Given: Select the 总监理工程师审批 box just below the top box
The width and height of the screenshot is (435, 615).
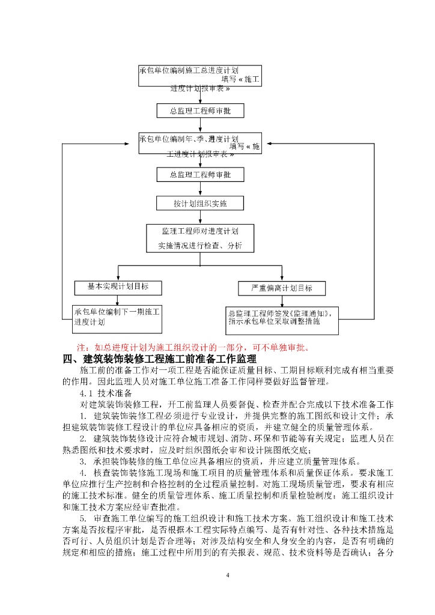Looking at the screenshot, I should point(200,111).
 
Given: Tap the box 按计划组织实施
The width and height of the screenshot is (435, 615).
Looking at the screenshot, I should point(200,204).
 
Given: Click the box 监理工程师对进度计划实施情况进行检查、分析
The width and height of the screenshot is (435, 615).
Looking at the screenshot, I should point(200,238).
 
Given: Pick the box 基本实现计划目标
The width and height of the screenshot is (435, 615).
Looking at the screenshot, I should point(111,288).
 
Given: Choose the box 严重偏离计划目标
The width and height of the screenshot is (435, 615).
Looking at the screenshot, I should point(282,288).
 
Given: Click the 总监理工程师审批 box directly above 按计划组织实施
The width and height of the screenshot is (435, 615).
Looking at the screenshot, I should point(200,175).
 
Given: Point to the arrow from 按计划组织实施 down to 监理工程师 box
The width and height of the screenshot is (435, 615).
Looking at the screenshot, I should point(200,218).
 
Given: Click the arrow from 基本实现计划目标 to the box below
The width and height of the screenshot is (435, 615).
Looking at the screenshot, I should point(118,300).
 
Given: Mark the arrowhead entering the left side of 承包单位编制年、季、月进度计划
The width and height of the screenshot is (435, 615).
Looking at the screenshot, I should point(135,144).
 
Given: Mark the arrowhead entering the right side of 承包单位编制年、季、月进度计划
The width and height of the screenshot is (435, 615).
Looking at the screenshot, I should point(267,144).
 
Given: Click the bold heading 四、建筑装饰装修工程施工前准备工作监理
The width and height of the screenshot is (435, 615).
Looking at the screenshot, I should point(159,359).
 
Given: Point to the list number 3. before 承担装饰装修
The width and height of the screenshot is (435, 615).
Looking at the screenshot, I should point(84,461).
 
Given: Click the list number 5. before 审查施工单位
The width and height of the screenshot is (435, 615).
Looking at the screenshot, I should point(84,518).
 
